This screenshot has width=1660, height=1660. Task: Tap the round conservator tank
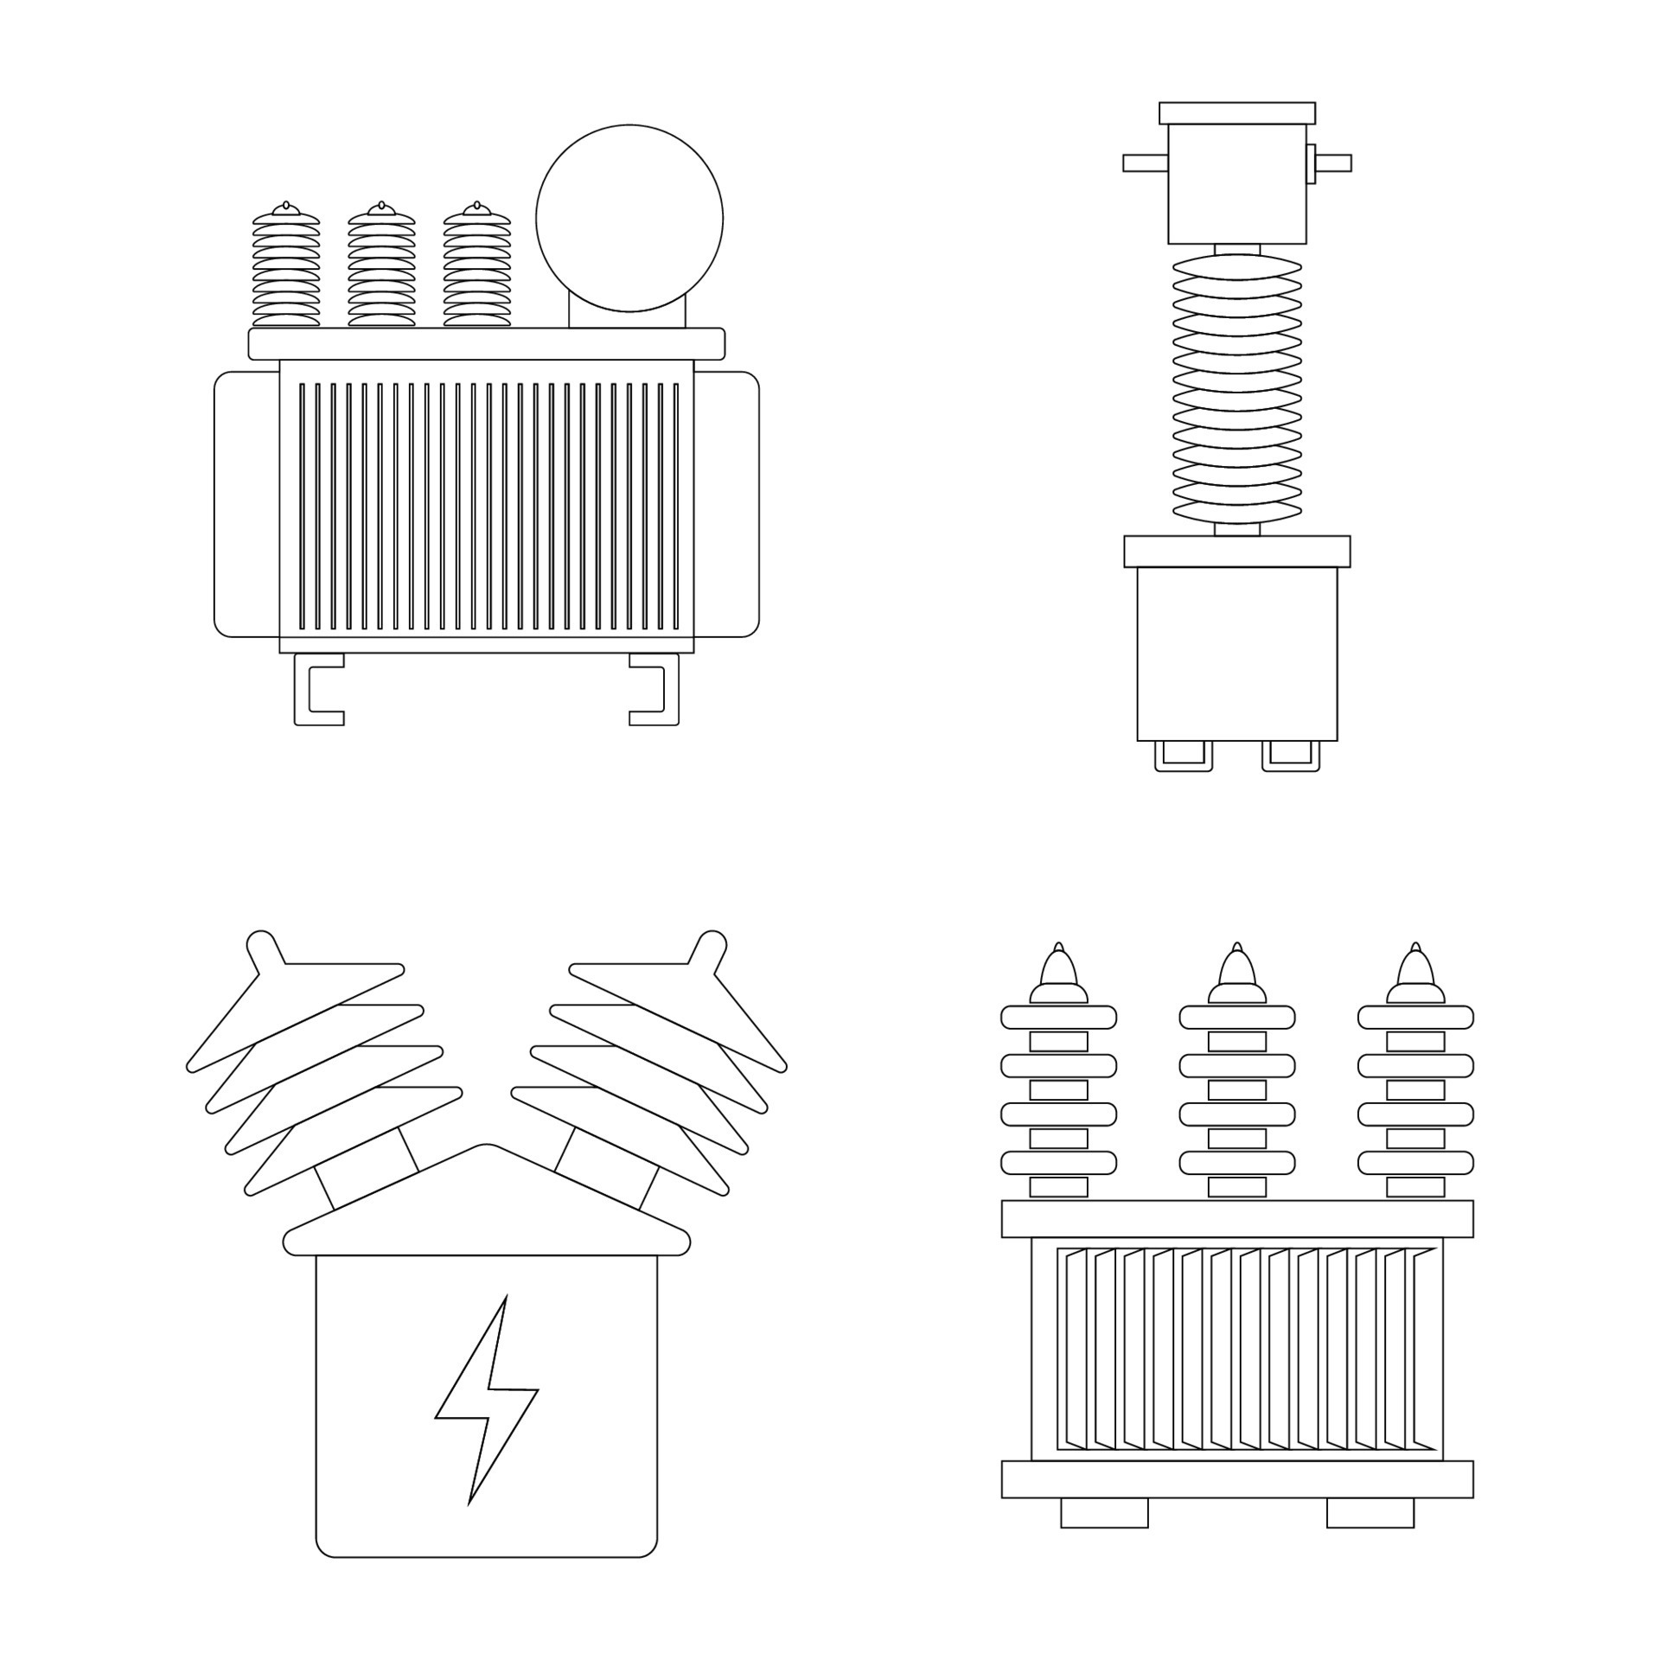click(x=629, y=218)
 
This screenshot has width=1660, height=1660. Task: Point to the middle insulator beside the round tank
click(x=381, y=268)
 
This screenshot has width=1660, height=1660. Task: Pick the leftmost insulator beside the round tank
click(x=286, y=268)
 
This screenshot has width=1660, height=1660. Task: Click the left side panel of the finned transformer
click(x=246, y=504)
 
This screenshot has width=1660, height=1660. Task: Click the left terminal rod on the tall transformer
click(x=1145, y=163)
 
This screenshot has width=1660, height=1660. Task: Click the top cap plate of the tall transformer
click(x=1237, y=113)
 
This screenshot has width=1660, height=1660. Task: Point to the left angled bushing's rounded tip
click(x=263, y=945)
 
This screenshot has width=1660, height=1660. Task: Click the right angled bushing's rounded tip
click(x=710, y=945)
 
